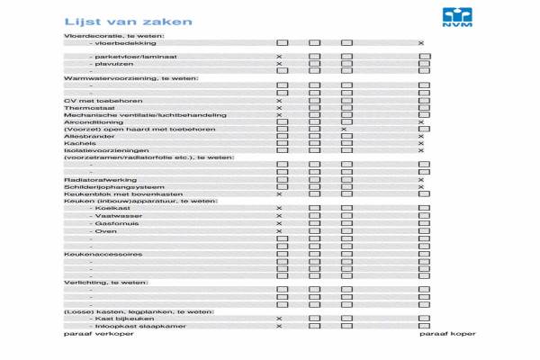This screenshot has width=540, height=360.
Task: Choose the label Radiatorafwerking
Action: pyautogui.click(x=93, y=180)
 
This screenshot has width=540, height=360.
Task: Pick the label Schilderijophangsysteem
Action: pyautogui.click(x=103, y=187)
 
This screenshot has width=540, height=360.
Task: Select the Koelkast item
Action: pyautogui.click(x=112, y=209)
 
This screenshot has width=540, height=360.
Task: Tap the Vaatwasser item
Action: pyautogui.click(x=115, y=216)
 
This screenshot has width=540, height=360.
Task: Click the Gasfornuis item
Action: pyautogui.click(x=115, y=223)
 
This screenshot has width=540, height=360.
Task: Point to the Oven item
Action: pyautogui.click(x=106, y=231)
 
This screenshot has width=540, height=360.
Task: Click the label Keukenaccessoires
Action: pyautogui.click(x=103, y=254)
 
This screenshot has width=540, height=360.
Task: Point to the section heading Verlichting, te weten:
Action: pyautogui.click(x=105, y=283)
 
